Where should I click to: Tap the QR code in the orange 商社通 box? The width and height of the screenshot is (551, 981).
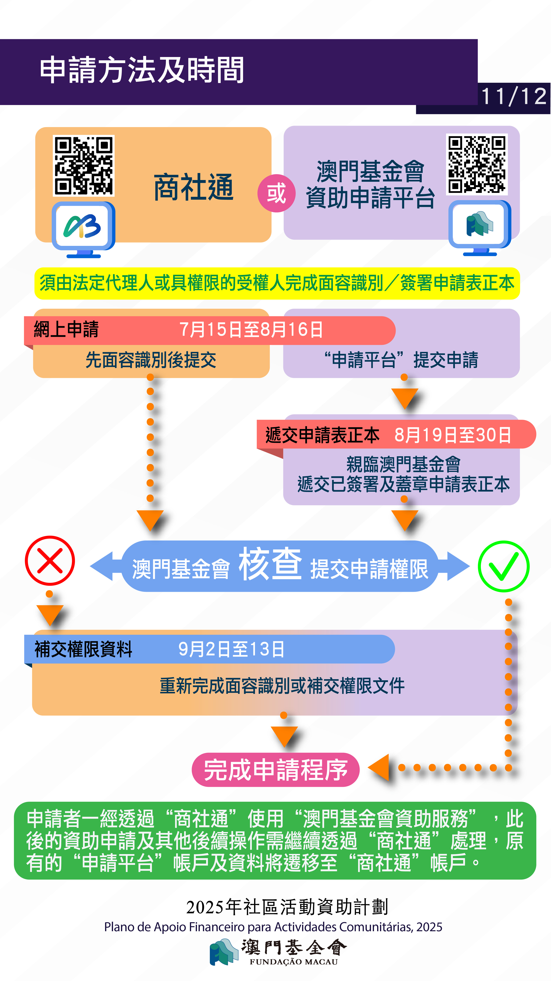point(84,166)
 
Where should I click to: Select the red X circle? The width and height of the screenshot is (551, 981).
point(50,561)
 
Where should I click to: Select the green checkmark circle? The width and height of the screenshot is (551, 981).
point(503,566)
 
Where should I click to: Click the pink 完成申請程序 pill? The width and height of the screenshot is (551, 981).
point(275,770)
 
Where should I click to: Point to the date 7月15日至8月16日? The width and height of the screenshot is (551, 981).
point(251,330)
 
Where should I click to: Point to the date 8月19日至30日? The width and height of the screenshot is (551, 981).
point(453,435)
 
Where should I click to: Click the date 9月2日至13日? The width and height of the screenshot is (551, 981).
point(231,649)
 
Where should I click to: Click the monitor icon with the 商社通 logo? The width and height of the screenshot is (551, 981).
point(83,229)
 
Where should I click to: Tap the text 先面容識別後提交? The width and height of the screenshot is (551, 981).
point(151,360)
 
